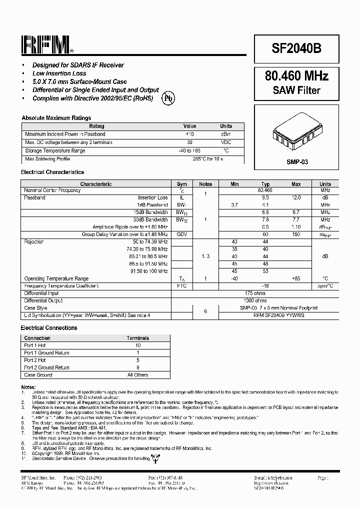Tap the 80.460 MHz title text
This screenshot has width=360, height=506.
pos(296,76)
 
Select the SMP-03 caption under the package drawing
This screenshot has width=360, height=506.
pos(296,162)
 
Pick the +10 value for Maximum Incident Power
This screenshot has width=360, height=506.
pos(189,134)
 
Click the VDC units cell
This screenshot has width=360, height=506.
pos(226,142)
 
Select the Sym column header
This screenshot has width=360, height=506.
pos(182,184)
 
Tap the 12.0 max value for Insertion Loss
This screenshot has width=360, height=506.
pos(296,197)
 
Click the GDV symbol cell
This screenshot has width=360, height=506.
pos(182,234)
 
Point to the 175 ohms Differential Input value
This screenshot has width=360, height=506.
pos(255,293)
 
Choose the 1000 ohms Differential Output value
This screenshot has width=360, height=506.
pos(255,300)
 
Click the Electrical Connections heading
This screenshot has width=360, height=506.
pos(49,328)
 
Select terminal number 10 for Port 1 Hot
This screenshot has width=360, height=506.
pos(138,345)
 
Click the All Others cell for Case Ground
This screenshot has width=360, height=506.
pos(138,374)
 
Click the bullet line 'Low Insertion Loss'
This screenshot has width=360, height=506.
pos(59,73)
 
